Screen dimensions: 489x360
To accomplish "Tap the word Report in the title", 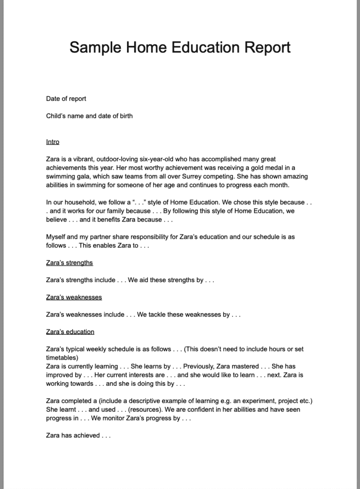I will [x=267, y=47].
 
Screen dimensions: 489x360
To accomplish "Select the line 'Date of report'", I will [x=66, y=99].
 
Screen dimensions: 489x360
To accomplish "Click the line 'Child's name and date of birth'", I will [x=89, y=116].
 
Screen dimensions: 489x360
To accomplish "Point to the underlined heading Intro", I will [x=53, y=142].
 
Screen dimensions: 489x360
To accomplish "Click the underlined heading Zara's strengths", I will [x=69, y=263].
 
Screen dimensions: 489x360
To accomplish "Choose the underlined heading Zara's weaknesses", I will [x=74, y=297].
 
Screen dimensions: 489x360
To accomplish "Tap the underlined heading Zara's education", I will [x=70, y=331].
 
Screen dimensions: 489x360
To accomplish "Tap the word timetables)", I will [x=59, y=357].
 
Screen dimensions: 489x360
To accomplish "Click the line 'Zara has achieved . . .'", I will [x=78, y=435].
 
